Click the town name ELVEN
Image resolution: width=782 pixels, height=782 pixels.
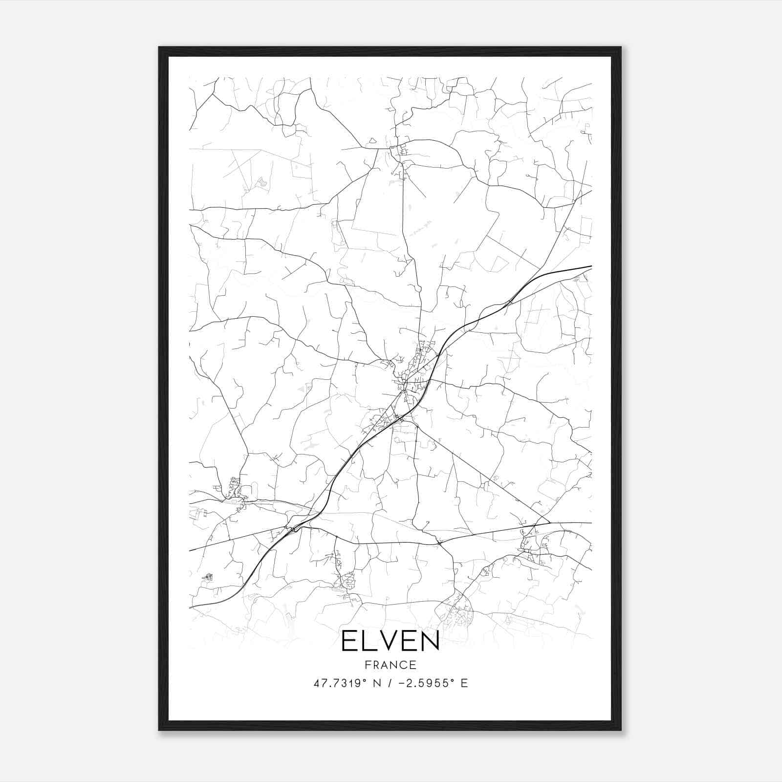pos(390,641)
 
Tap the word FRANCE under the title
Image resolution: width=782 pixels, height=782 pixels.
pos(390,665)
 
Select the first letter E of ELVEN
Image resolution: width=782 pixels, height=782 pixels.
pos(349,641)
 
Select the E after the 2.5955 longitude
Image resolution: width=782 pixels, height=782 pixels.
pos(464,683)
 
